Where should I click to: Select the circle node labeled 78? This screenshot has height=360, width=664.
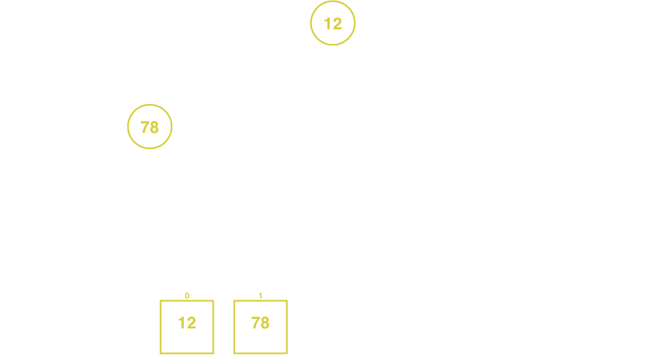coord(150,105)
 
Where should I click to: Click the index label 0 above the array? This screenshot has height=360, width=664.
coord(187,296)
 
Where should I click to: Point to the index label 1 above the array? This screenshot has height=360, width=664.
coord(260,296)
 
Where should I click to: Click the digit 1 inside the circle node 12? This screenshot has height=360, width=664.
coord(327,24)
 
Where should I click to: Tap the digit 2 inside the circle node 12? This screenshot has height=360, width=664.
coord(337,24)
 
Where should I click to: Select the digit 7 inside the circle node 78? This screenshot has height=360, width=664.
coord(145,127)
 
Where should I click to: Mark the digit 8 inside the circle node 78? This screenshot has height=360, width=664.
coord(155,127)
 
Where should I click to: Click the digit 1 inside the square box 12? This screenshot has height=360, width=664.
coord(182,323)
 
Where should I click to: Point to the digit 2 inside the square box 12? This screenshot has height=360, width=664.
coord(191,323)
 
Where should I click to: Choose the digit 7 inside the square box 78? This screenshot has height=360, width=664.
coord(255,323)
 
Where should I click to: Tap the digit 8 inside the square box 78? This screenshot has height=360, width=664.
coord(265,323)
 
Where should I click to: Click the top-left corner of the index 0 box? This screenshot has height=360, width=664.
coord(161,301)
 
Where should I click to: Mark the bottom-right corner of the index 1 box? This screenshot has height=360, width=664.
coord(287,353)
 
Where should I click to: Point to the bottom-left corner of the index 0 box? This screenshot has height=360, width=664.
coord(161,353)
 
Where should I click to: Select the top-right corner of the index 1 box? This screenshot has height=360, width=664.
coord(287,301)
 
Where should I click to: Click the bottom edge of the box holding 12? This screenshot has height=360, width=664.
coord(187,353)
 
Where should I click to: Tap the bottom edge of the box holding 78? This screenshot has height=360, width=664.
coord(260,353)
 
